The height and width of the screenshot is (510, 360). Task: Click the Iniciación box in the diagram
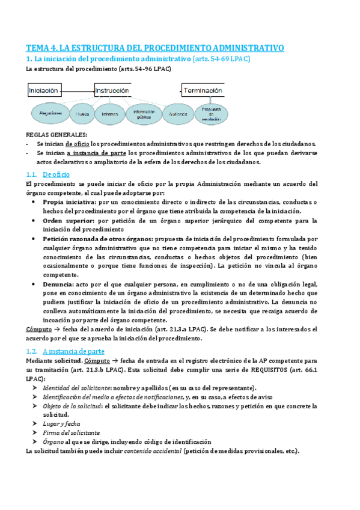pos(44,91)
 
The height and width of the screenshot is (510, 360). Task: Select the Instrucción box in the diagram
pos(112,91)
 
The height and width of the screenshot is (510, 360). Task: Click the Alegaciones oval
pos(50,112)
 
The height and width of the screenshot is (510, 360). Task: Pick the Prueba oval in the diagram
pos(82,113)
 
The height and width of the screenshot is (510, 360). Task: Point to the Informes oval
pos(110,113)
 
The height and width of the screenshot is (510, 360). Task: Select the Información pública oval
pos(143,113)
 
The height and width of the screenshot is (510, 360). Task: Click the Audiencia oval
pos(178,113)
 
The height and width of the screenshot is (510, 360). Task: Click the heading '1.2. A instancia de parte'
pos(66,351)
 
